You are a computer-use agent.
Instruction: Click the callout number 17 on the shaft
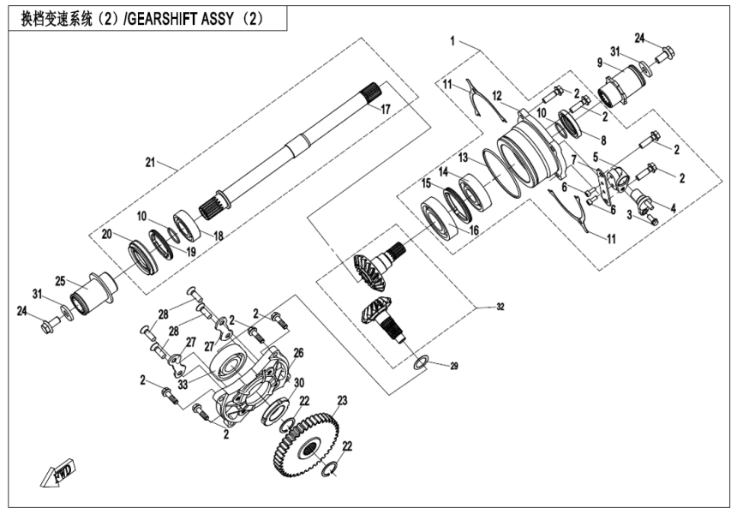(x=385, y=109)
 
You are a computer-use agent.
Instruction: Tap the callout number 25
(x=61, y=280)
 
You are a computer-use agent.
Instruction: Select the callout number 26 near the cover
(x=299, y=351)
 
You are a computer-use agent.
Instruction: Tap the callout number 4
(x=672, y=206)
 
